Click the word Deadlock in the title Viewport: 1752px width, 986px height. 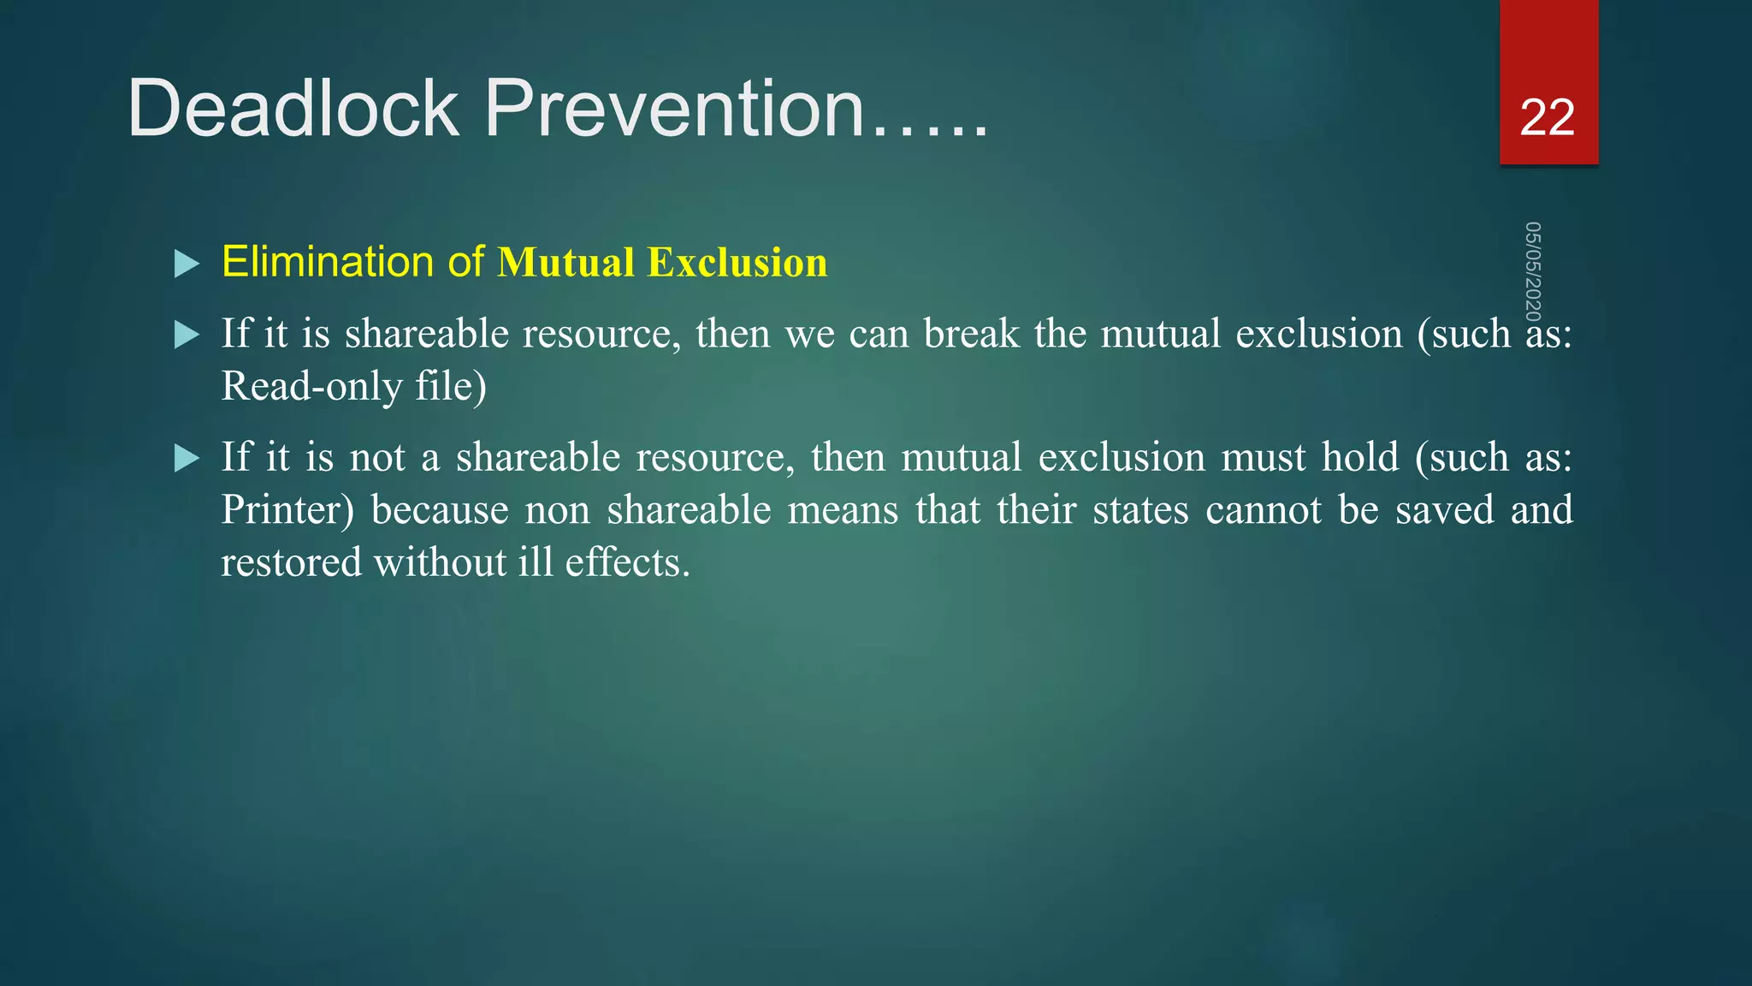click(x=293, y=109)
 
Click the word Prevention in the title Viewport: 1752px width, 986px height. click(x=674, y=109)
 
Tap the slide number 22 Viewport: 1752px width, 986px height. click(x=1547, y=117)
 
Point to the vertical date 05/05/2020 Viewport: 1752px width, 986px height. click(x=1533, y=272)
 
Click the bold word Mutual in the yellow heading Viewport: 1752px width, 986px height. click(x=566, y=262)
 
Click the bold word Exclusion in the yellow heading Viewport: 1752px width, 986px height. click(x=737, y=262)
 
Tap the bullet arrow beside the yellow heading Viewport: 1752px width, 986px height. click(x=186, y=264)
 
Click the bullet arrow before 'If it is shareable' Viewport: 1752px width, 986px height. click(x=186, y=335)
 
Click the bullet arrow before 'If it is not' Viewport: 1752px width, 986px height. click(x=186, y=458)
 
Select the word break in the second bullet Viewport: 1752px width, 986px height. click(x=971, y=334)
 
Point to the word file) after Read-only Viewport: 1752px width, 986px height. click(x=451, y=386)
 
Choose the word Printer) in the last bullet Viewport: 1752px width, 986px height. click(x=287, y=510)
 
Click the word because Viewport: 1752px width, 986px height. click(x=440, y=510)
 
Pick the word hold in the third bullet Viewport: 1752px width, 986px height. click(x=1360, y=457)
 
